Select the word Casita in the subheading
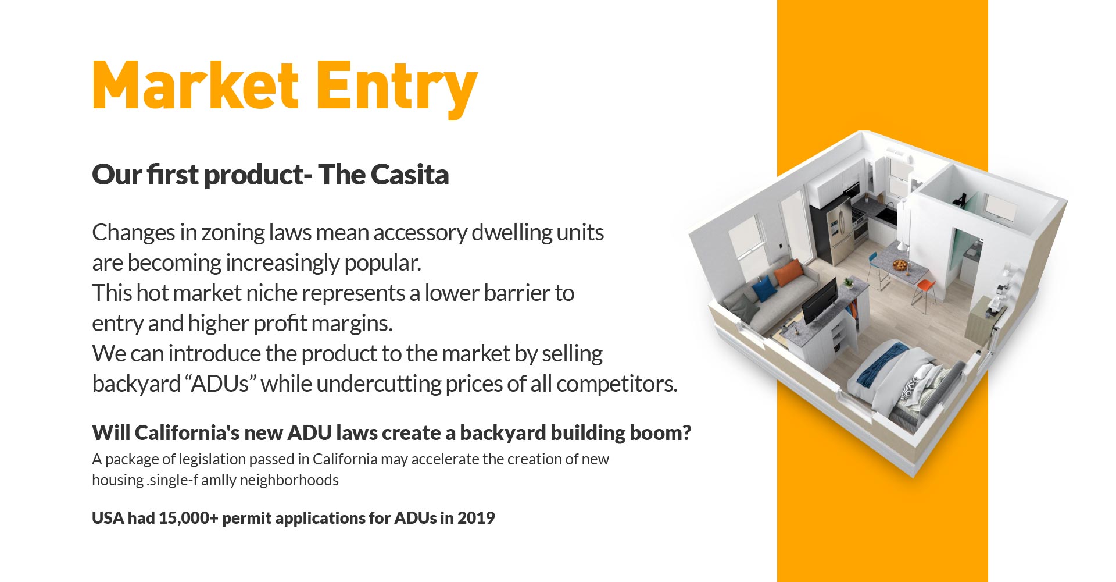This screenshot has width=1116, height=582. (409, 175)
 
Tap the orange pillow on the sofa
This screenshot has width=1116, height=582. (788, 272)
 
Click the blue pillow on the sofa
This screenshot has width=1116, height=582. (764, 288)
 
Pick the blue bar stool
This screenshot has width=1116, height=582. (877, 269)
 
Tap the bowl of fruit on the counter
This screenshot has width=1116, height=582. (900, 265)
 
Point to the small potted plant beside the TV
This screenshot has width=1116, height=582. (849, 283)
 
